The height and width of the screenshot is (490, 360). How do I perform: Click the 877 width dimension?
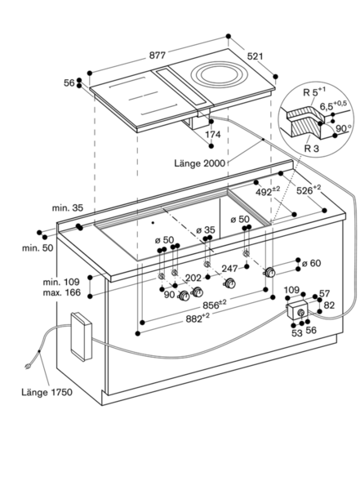point(157,56)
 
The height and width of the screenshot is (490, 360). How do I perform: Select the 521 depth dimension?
point(255,56)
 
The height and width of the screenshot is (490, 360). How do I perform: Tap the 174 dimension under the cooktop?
point(212,135)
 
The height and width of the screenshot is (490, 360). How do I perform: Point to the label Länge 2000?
point(199,163)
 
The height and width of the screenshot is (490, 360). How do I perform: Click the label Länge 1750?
point(47,392)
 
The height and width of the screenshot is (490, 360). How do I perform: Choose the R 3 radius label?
point(312,148)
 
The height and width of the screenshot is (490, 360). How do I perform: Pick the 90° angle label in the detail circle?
point(344,128)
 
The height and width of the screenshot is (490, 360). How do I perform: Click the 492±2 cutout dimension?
point(268,191)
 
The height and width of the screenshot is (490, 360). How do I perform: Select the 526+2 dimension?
point(309,189)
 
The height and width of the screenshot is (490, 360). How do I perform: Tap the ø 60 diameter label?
point(311,263)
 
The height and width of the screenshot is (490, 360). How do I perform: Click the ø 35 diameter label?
point(206,230)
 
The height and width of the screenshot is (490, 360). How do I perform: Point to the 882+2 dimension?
point(198,318)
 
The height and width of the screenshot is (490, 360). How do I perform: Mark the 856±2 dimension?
point(215,305)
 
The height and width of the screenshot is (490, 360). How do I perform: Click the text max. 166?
point(61,293)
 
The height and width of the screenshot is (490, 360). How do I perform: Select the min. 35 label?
point(68,207)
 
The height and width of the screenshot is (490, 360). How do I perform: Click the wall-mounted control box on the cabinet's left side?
point(82,336)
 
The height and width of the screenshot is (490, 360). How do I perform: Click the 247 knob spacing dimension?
point(229,269)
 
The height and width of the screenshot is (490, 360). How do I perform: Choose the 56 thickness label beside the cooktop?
point(69,82)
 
